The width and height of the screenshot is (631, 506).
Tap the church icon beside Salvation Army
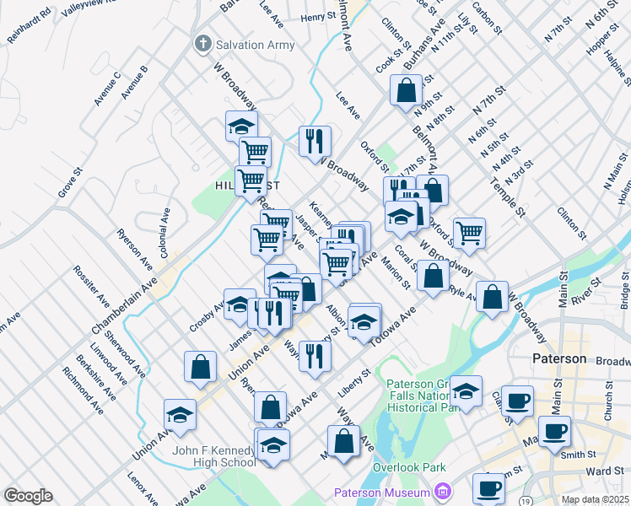pyautogui.click(x=202, y=44)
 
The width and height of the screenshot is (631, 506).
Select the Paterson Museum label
pyautogui.click(x=382, y=492)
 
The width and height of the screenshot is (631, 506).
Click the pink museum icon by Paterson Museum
pyautogui.click(x=442, y=492)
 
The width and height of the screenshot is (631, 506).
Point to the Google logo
pyautogui.click(x=28, y=496)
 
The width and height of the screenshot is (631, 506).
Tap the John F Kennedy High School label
pyautogui.click(x=213, y=456)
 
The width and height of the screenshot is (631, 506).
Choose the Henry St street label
pyautogui.click(x=318, y=17)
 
